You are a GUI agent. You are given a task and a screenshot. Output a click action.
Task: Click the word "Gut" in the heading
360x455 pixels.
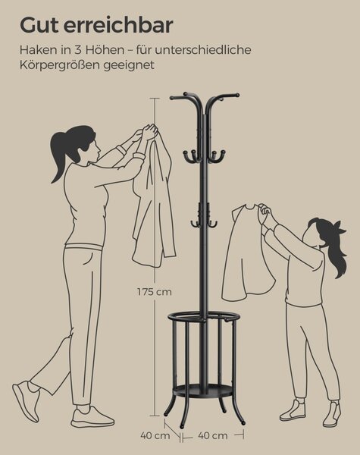pyautogui.click(x=39, y=25)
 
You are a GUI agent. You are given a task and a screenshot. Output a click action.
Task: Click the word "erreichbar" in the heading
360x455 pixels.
pyautogui.click(x=118, y=25)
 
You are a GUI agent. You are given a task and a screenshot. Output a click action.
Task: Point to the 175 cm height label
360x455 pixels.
pyautogui.click(x=155, y=292)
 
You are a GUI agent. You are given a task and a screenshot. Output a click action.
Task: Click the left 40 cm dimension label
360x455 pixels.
pyautogui.click(x=155, y=435)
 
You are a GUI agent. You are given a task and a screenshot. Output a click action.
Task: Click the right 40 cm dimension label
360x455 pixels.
pyautogui.click(x=213, y=435)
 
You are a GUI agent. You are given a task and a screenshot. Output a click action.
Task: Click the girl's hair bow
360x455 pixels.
pyautogui.click(x=339, y=227)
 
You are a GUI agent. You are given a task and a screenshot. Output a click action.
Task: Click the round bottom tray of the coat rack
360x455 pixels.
pyautogui.click(x=203, y=390)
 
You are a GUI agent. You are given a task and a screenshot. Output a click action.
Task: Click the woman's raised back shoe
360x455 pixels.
pyautogui.click(x=26, y=400)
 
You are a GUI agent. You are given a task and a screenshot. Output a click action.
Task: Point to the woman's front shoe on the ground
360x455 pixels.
pyautogui.click(x=92, y=417)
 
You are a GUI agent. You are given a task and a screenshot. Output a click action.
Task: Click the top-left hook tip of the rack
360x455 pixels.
pyautogui.click(x=172, y=98)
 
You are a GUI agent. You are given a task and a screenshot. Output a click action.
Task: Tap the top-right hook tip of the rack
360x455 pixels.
pyautogui.click(x=237, y=95)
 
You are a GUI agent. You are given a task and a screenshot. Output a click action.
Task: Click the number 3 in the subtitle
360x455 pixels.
pyautogui.click(x=78, y=50)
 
